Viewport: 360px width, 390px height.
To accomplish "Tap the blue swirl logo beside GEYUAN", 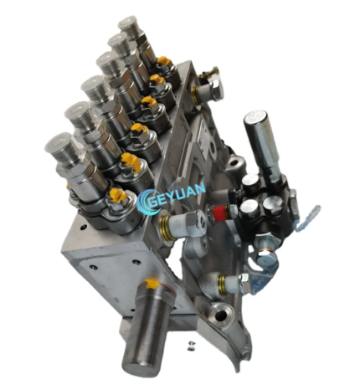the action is [149, 201].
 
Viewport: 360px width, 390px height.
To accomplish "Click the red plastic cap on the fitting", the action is [221, 212].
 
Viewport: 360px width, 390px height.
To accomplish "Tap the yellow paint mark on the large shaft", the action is [152, 284].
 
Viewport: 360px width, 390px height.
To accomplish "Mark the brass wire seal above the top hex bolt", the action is [210, 72].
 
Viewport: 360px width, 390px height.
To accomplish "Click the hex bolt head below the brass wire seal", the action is [215, 87].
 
